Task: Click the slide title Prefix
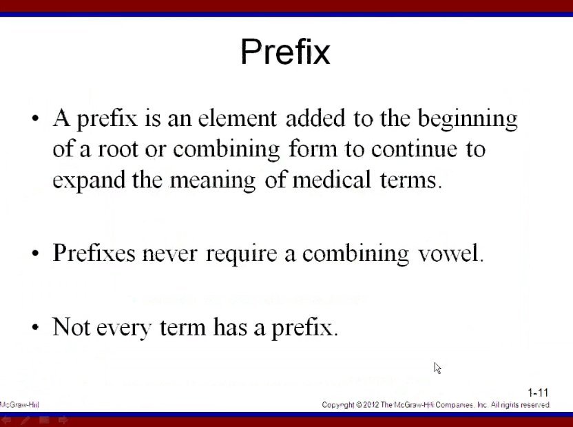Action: pyautogui.click(x=285, y=52)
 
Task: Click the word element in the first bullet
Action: pyautogui.click(x=237, y=118)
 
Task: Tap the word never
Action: pyautogui.click(x=169, y=253)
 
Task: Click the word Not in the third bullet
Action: pyautogui.click(x=71, y=326)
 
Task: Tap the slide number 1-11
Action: pyautogui.click(x=538, y=393)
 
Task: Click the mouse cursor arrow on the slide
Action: pyautogui.click(x=437, y=368)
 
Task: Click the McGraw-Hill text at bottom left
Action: pyautogui.click(x=19, y=405)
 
